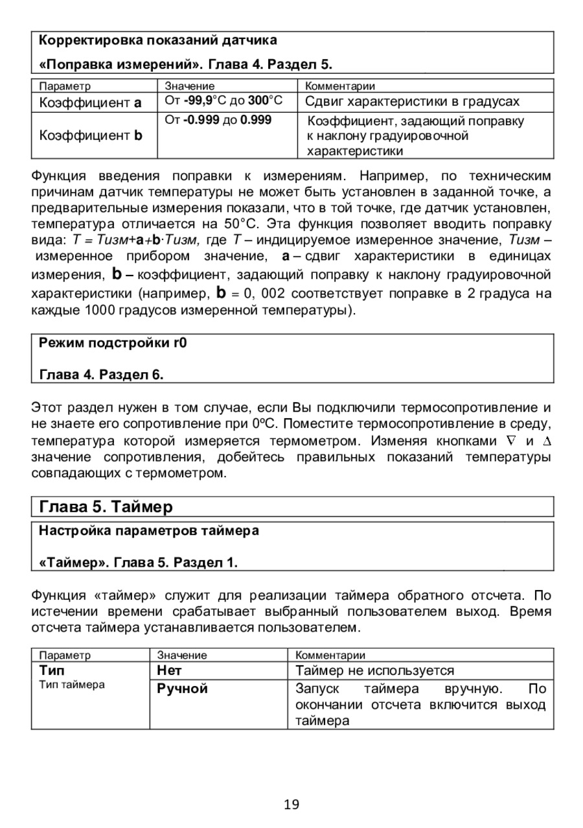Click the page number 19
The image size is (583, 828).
coord(291,805)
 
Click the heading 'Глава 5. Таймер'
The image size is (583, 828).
coord(106,506)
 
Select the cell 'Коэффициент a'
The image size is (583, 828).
coord(90,102)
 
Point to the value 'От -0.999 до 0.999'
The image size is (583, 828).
coord(218,121)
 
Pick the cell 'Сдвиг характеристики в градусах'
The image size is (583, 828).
coord(412,102)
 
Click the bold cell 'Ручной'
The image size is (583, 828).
coord(183,689)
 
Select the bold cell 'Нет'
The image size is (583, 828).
coord(170,670)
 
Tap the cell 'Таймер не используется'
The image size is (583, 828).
coord(374,670)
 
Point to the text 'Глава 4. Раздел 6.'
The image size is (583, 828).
coord(102,374)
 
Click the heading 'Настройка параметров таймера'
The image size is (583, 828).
coord(149,531)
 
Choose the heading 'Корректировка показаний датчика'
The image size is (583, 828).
coord(158,40)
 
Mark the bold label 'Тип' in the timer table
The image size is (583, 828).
coord(52,670)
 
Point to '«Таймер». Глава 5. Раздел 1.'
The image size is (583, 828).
coord(139,562)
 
